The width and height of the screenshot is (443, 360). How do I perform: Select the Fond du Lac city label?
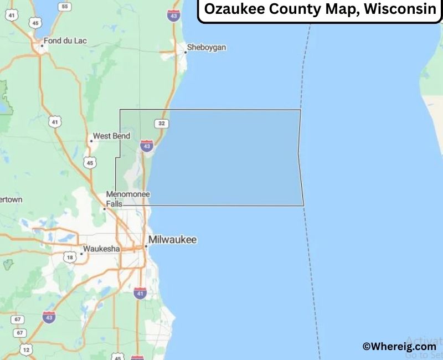66,40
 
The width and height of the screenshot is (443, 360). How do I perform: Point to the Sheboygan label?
207,48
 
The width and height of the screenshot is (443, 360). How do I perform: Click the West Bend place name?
111,136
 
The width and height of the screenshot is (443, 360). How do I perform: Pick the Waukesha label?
101,249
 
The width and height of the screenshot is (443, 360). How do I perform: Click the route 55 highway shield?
65,7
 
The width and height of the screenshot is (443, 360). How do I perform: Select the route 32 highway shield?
161,123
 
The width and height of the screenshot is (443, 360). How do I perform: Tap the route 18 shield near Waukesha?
69,258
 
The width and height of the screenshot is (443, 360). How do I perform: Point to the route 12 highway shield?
26,350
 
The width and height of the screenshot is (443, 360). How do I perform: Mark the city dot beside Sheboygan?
185,53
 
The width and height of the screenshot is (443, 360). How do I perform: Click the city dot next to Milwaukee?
146,245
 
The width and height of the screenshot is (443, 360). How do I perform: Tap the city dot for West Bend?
91,141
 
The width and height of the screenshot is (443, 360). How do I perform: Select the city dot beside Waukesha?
81,254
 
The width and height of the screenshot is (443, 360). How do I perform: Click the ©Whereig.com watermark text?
399,346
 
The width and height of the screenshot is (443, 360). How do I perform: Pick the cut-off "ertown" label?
11,199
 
